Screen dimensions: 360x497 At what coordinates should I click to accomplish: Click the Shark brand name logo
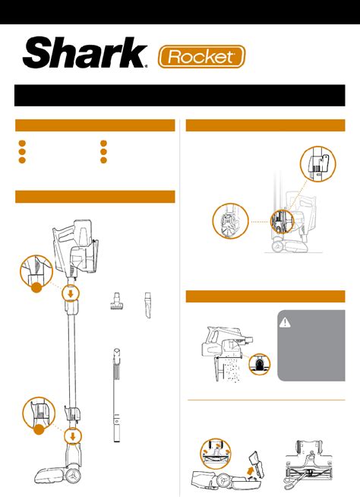tap(85, 52)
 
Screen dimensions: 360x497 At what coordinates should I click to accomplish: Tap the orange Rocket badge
tap(201, 57)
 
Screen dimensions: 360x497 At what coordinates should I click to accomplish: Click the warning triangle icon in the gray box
tap(285, 323)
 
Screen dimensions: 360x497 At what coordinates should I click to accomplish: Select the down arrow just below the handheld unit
tap(71, 293)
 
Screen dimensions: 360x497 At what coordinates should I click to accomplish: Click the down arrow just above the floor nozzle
tap(73, 437)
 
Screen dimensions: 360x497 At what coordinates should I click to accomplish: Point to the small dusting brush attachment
tap(116, 301)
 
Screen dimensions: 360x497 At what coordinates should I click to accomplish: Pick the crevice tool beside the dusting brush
tap(147, 305)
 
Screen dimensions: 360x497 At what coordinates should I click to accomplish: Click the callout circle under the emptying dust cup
tap(260, 364)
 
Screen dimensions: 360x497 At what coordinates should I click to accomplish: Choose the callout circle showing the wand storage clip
tap(318, 164)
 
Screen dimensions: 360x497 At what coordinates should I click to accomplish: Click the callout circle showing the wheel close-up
tap(230, 221)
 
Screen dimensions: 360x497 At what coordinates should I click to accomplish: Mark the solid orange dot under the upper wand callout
tap(36, 286)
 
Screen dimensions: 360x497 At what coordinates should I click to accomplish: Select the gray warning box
tap(311, 346)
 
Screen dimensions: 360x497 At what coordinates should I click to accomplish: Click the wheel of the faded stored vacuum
tap(278, 246)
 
